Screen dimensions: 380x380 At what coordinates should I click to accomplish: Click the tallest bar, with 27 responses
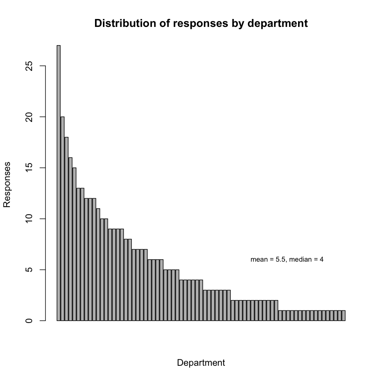coord(59,182)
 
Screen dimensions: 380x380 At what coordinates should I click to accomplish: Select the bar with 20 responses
coord(63,218)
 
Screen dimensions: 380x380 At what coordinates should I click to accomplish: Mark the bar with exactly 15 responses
coord(74,244)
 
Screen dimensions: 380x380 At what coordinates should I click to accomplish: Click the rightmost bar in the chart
coord(344,315)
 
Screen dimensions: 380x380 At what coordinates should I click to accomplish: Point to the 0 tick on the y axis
coord(28,321)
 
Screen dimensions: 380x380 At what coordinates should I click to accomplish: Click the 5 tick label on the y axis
coord(28,270)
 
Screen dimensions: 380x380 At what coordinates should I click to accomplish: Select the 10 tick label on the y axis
coord(28,219)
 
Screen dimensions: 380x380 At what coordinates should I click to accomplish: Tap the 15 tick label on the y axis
coord(28,168)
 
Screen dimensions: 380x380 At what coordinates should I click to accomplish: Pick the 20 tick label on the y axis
coord(28,117)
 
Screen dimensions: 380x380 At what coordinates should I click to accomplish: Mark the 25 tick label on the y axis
coord(28,66)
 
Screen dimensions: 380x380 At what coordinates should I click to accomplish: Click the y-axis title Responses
coord(7,184)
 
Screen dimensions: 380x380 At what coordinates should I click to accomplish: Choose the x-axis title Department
coord(201,363)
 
